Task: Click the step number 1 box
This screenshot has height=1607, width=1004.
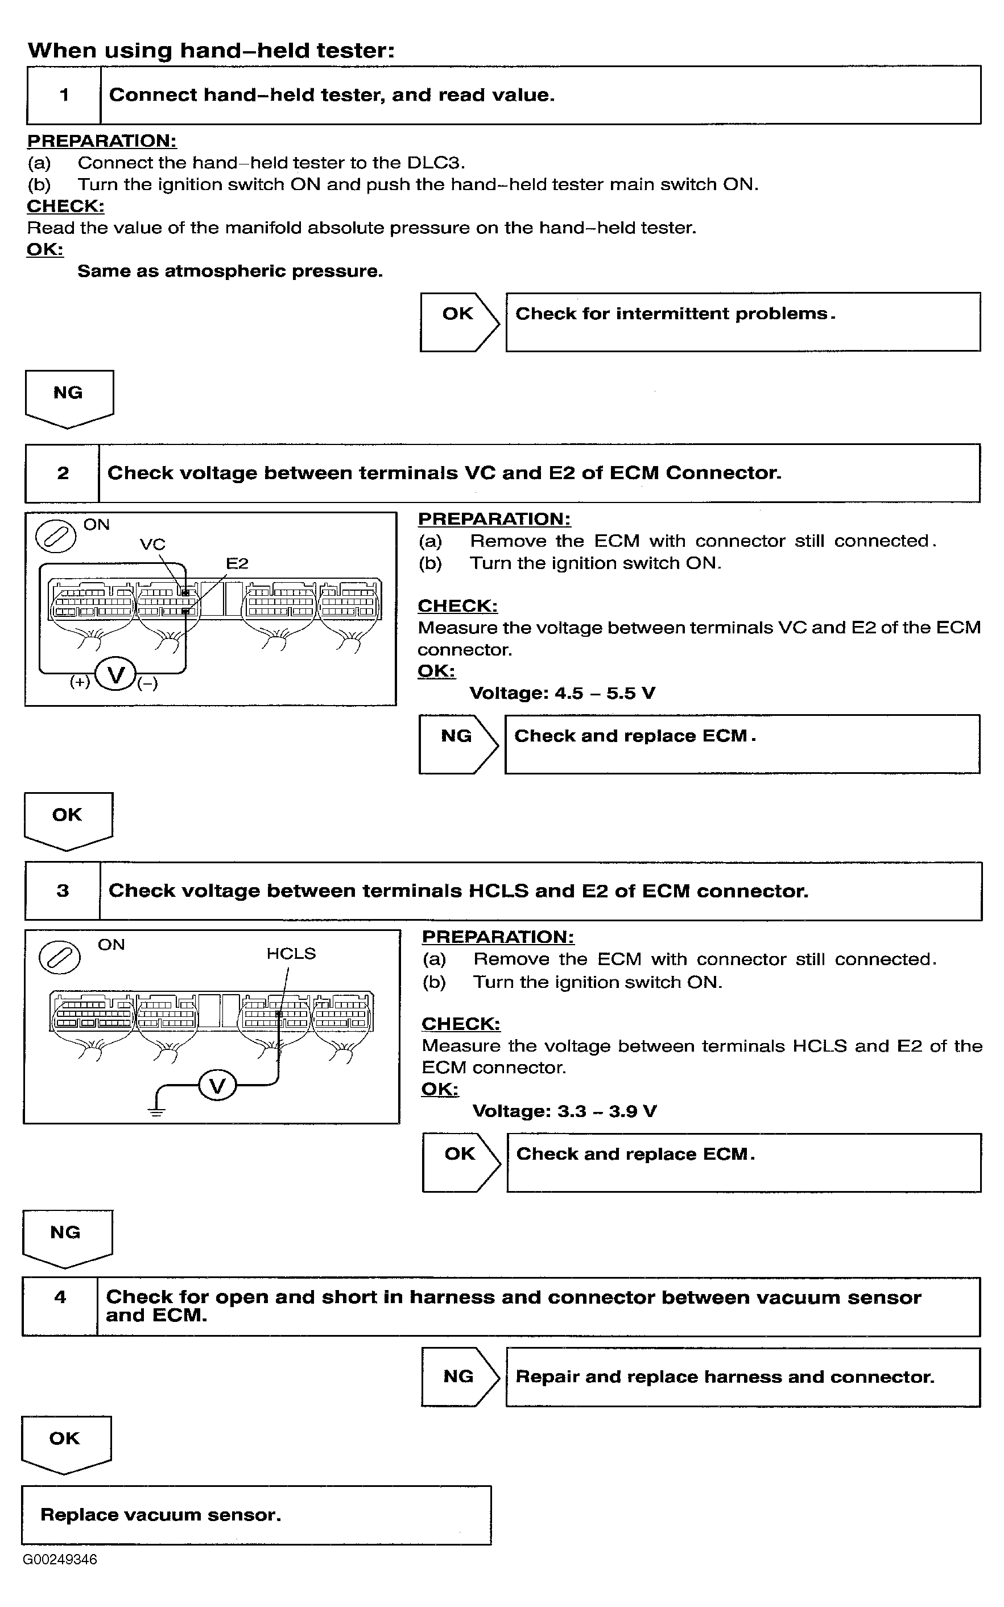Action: pos(64,95)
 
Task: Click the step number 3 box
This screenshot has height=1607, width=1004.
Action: pos(63,891)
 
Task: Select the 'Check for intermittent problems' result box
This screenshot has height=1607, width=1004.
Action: pos(742,322)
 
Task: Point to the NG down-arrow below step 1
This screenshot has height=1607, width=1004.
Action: pos(69,397)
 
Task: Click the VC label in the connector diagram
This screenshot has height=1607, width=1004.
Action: pos(152,545)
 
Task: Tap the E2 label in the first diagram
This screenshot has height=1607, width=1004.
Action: pos(237,564)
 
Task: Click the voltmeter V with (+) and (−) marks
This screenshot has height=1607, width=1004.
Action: pos(115,675)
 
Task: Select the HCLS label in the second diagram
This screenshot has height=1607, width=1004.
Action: pos(291,954)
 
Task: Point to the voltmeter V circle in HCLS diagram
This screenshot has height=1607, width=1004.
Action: pos(217,1086)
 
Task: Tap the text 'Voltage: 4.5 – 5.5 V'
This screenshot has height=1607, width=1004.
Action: pos(562,693)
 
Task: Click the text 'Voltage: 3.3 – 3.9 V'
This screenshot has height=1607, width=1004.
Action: pos(564,1111)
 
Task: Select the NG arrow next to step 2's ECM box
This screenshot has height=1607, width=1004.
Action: pos(457,744)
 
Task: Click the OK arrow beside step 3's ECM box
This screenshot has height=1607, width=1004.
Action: pos(461,1162)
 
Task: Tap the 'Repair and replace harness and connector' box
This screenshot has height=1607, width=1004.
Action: pos(742,1377)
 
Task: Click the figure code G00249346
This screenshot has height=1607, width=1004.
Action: pos(60,1559)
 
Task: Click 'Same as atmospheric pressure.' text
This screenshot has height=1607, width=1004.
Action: pos(230,271)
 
